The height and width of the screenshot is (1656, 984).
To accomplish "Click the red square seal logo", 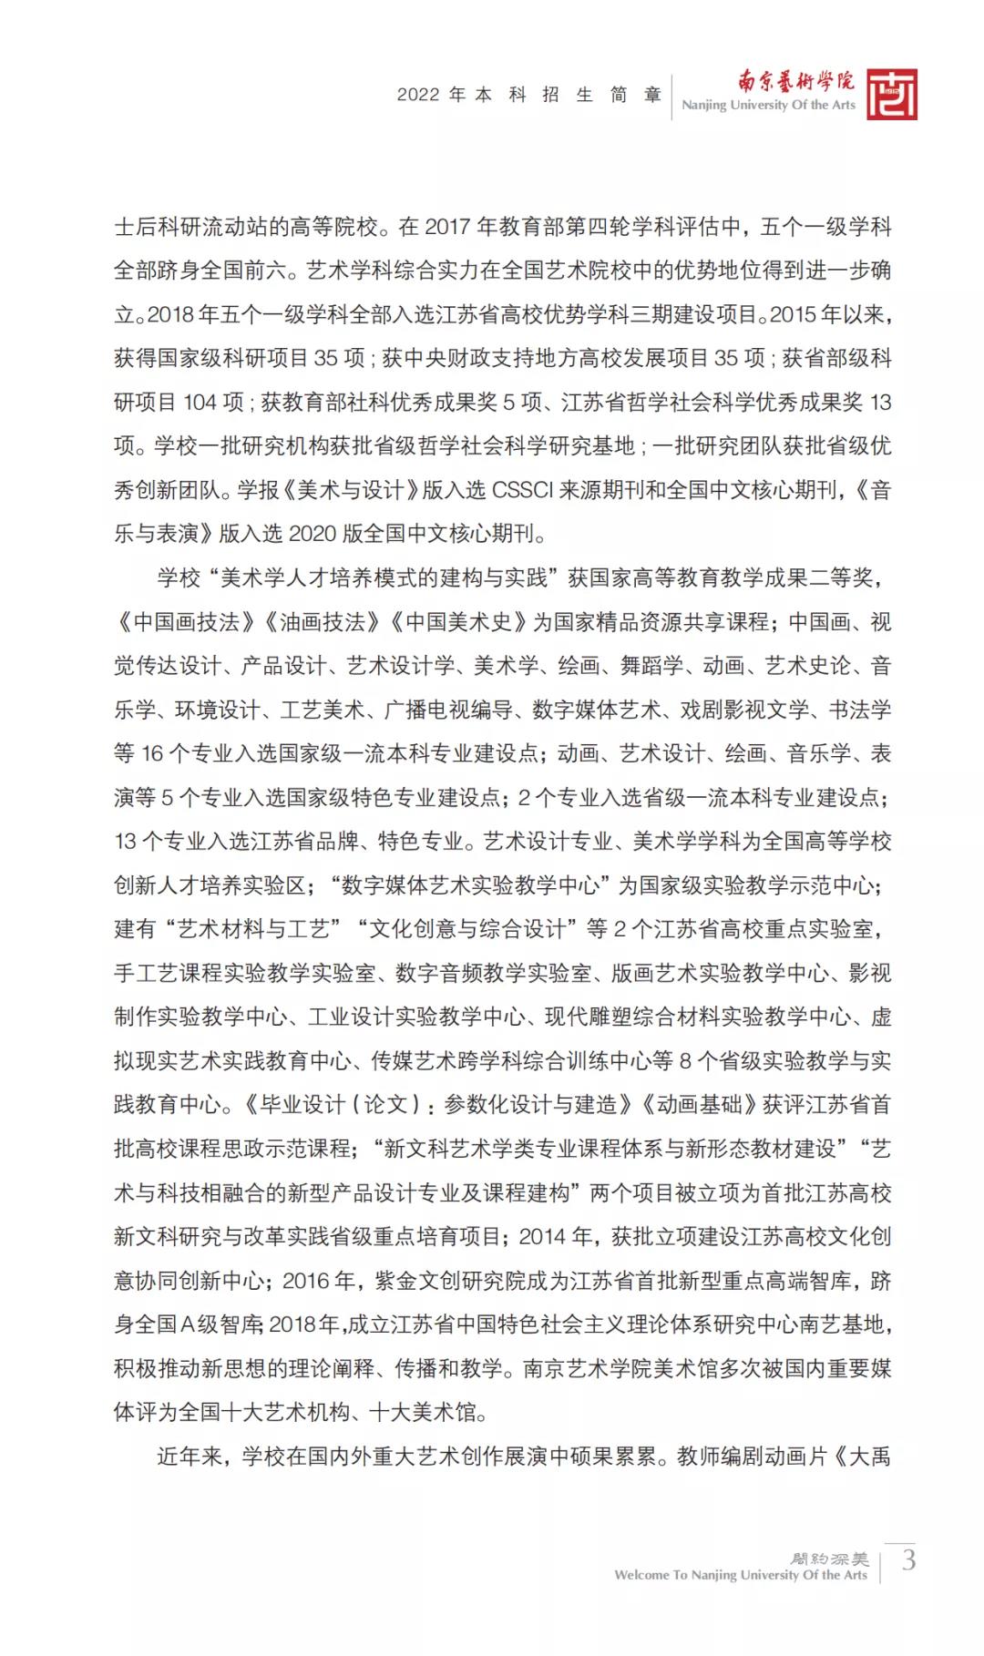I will click(891, 95).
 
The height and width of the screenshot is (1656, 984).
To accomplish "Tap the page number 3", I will click(908, 1560).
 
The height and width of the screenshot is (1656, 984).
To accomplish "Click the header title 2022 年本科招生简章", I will click(529, 95).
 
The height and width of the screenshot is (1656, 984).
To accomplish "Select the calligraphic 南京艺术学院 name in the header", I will click(795, 82).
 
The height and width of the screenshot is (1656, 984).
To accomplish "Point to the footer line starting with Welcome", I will click(740, 1575).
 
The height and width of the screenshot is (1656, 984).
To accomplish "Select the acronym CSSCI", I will click(522, 490).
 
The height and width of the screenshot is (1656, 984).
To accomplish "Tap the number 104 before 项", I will click(200, 403).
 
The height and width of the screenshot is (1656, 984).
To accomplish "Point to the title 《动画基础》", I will click(699, 1105).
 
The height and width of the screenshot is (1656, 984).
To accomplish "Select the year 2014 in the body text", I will click(544, 1237).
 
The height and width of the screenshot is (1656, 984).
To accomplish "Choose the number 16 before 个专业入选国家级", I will click(152, 754).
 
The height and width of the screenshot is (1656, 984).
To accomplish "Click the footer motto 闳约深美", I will click(830, 1559).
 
